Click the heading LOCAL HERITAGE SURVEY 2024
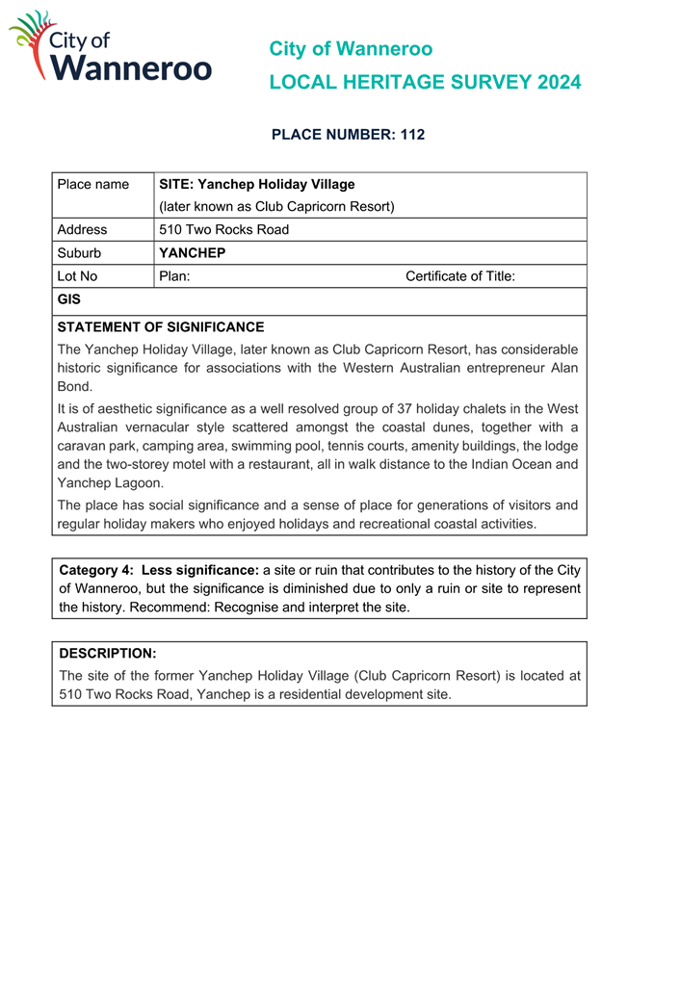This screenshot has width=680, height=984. click(425, 83)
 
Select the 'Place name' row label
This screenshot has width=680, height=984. click(93, 184)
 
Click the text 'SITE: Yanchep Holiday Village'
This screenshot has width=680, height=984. click(256, 184)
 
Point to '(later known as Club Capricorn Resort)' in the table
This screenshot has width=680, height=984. click(276, 206)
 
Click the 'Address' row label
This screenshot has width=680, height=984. click(83, 229)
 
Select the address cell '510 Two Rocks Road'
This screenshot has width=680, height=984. click(223, 229)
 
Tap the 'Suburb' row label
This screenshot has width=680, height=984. click(79, 252)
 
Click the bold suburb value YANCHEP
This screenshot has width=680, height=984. click(192, 252)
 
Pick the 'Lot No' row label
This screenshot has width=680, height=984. click(78, 276)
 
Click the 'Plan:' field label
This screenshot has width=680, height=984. click(174, 276)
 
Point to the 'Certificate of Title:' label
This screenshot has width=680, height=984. click(460, 276)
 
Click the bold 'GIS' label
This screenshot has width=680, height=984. click(69, 300)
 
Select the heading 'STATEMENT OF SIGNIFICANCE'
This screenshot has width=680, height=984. click(161, 327)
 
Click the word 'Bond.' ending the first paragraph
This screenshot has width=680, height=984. click(75, 385)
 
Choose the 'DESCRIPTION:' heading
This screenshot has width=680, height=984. click(108, 653)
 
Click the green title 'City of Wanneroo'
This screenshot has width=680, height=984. click(351, 48)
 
